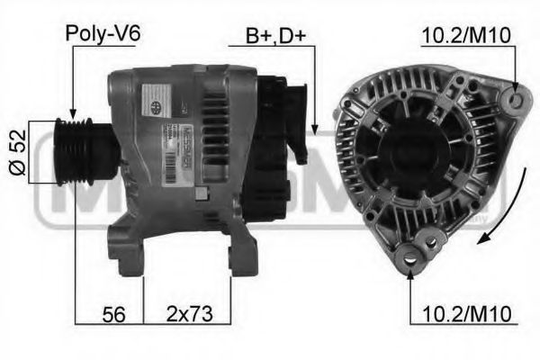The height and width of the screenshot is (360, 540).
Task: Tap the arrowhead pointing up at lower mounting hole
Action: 412,273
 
